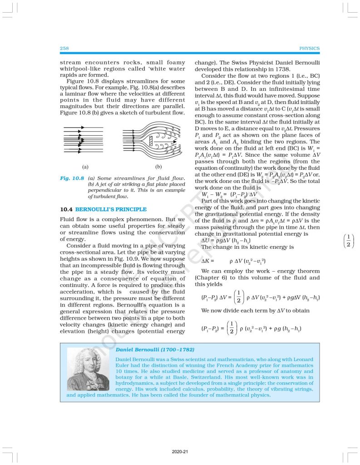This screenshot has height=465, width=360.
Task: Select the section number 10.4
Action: point(66,209)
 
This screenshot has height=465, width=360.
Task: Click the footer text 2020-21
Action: point(180,452)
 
